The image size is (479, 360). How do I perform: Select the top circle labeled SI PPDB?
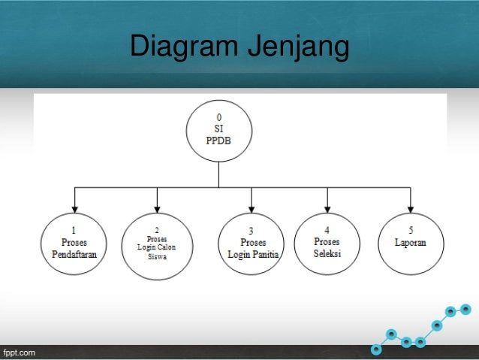(x=218, y=129)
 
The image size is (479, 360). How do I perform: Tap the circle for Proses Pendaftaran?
(x=74, y=244)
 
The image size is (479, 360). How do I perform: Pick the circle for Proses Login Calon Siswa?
(x=156, y=244)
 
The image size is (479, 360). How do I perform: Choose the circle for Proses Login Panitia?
(x=252, y=244)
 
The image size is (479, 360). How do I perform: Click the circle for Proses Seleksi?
(x=327, y=244)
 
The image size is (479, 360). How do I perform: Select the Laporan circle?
(x=410, y=244)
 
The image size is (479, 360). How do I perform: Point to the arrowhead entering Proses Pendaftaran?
(x=74, y=208)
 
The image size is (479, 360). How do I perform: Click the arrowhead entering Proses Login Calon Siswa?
(x=156, y=208)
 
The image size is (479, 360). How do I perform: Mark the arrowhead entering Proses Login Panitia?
(x=252, y=208)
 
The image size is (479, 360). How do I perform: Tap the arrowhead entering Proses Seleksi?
(x=327, y=208)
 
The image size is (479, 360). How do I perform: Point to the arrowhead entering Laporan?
(x=410, y=208)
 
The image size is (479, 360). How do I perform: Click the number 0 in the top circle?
(x=218, y=117)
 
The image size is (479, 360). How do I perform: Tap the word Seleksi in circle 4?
(x=327, y=253)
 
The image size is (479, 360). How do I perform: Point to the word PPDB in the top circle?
(x=218, y=139)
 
